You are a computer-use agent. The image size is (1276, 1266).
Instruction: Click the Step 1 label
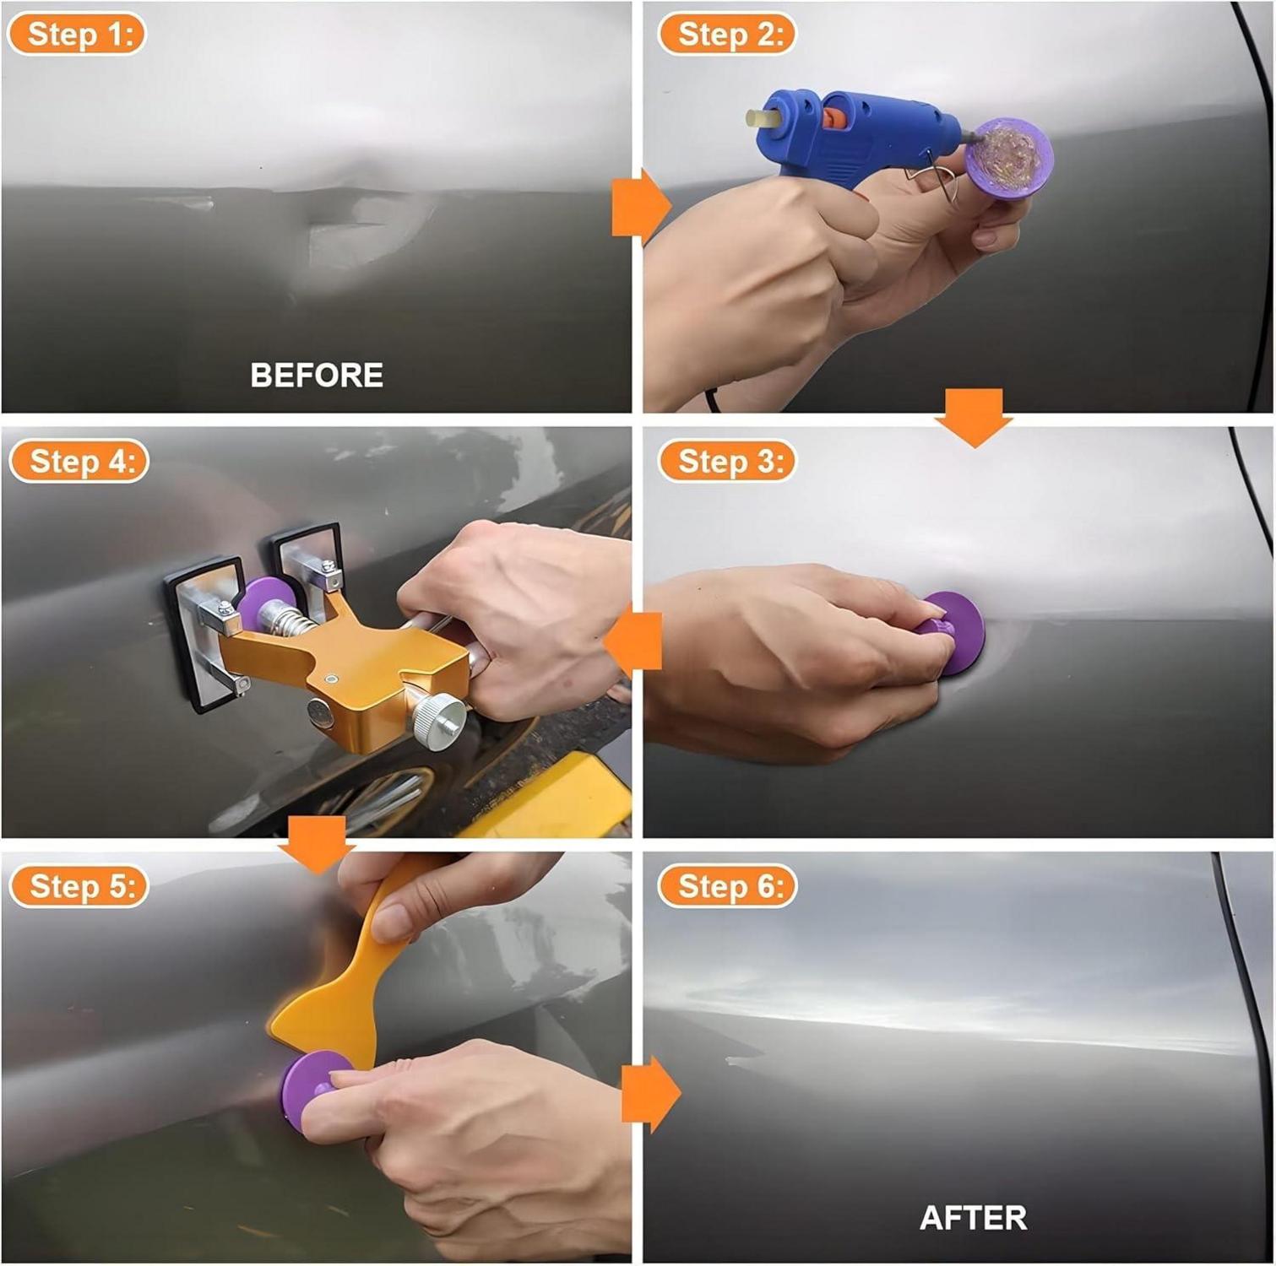77,35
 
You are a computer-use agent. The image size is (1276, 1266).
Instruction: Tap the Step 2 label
727,35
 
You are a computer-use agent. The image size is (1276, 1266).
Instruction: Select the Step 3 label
727,461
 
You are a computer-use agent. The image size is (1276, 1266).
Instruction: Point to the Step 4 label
79,461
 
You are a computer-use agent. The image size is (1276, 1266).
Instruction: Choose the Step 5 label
79,886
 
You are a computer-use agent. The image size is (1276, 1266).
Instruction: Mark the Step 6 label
727,886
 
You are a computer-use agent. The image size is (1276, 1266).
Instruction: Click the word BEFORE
317,375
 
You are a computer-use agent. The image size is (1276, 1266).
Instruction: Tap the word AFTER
973,1217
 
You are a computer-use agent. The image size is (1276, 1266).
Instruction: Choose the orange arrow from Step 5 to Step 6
651,1094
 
